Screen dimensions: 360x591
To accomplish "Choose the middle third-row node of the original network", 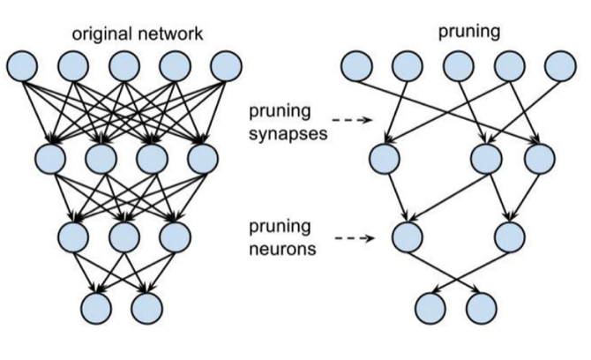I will point(123,236).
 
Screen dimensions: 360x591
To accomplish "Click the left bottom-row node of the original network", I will point(95,306).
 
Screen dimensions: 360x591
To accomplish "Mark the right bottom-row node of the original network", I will point(146,306).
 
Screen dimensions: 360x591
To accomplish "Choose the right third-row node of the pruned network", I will point(511,236).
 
